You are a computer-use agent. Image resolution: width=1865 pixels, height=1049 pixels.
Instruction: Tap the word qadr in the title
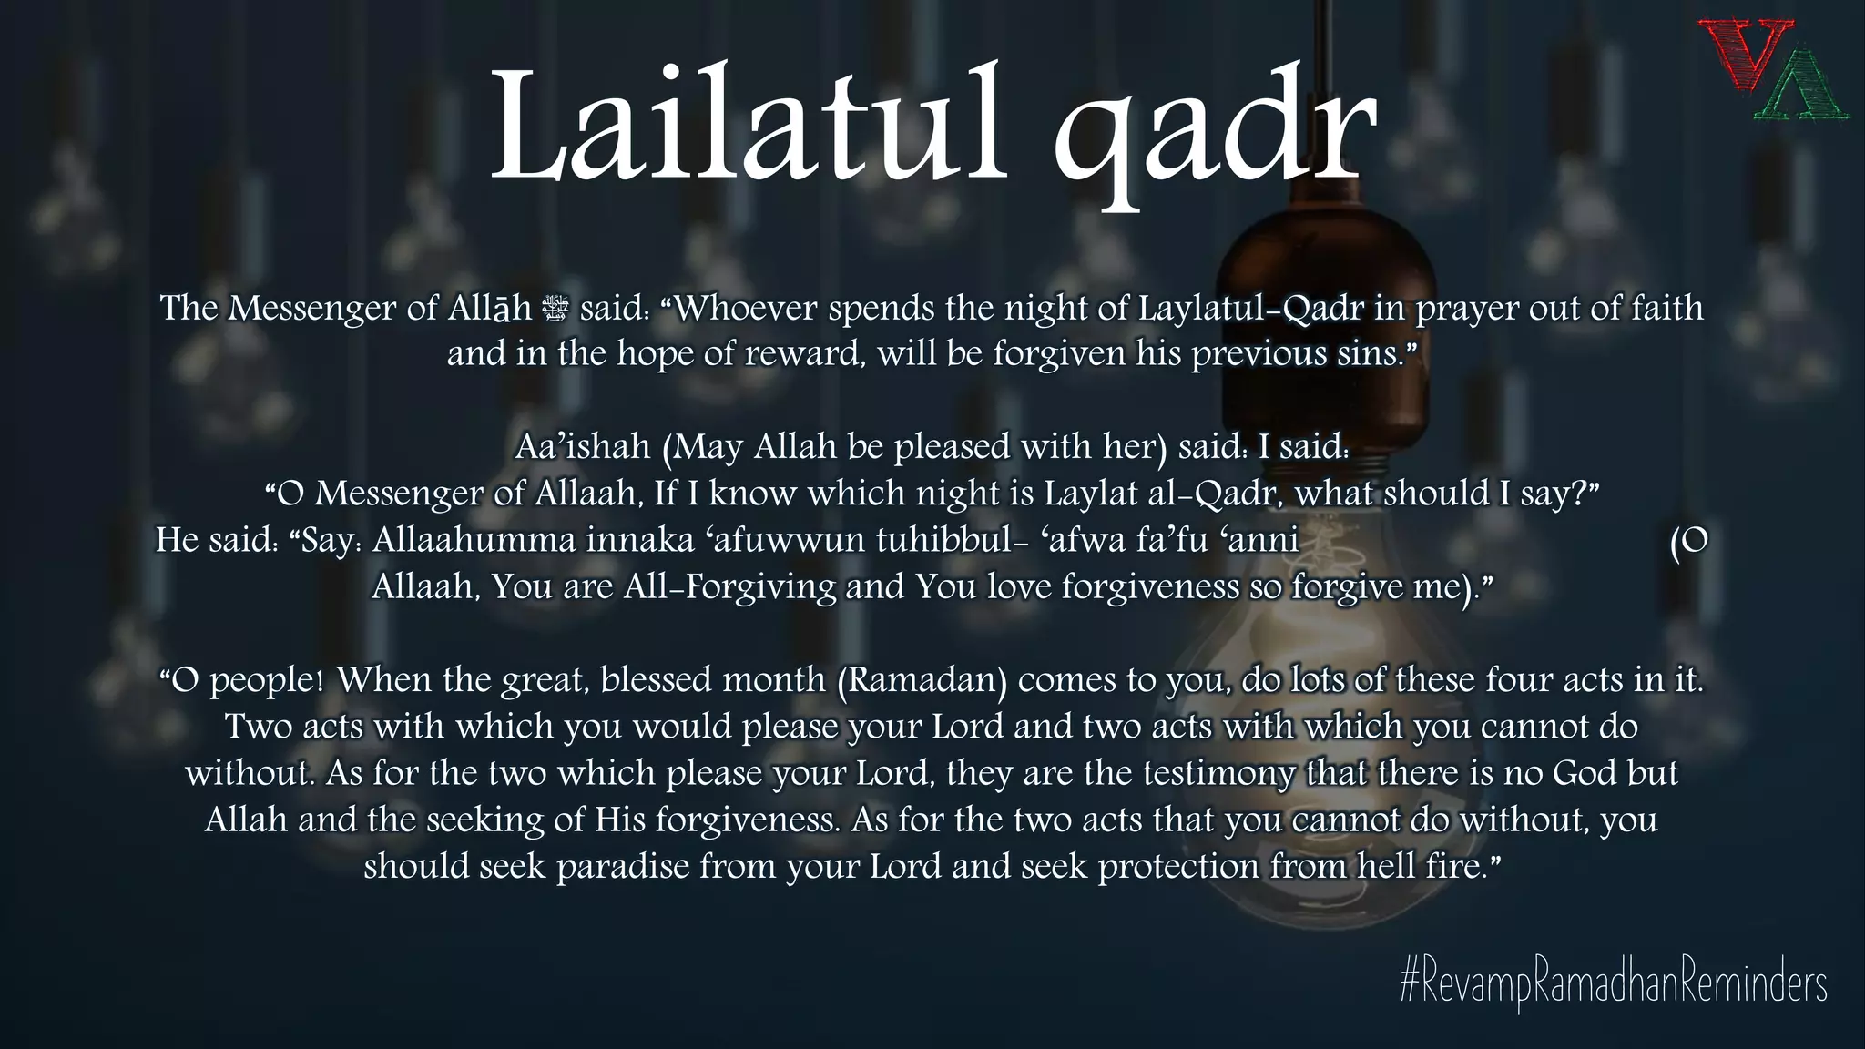(1213, 137)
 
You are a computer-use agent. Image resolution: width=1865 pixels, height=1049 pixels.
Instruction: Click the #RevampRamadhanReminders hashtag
(1613, 985)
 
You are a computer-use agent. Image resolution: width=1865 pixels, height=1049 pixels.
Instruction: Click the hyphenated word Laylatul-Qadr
(1251, 309)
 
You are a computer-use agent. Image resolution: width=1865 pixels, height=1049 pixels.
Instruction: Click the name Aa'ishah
(584, 447)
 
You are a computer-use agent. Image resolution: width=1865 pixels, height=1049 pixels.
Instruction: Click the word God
(1585, 773)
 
